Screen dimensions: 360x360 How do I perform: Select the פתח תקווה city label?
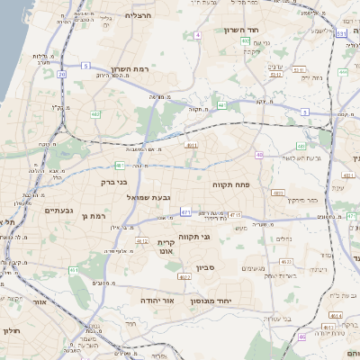[x=230, y=184]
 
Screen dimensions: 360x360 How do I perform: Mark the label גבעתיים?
[x=58, y=210]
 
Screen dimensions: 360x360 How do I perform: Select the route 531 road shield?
[x=341, y=33]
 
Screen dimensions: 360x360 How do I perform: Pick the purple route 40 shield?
[x=259, y=155]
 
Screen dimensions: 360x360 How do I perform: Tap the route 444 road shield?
[x=343, y=71]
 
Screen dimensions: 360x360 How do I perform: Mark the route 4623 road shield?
[x=286, y=262]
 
